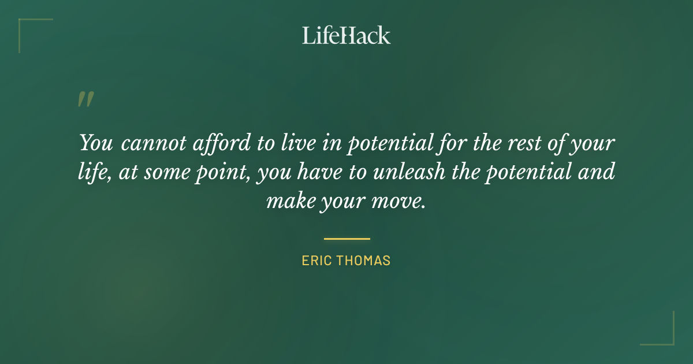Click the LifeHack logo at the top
[x=346, y=35]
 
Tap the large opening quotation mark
[x=85, y=99]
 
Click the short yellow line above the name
[x=346, y=238]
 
